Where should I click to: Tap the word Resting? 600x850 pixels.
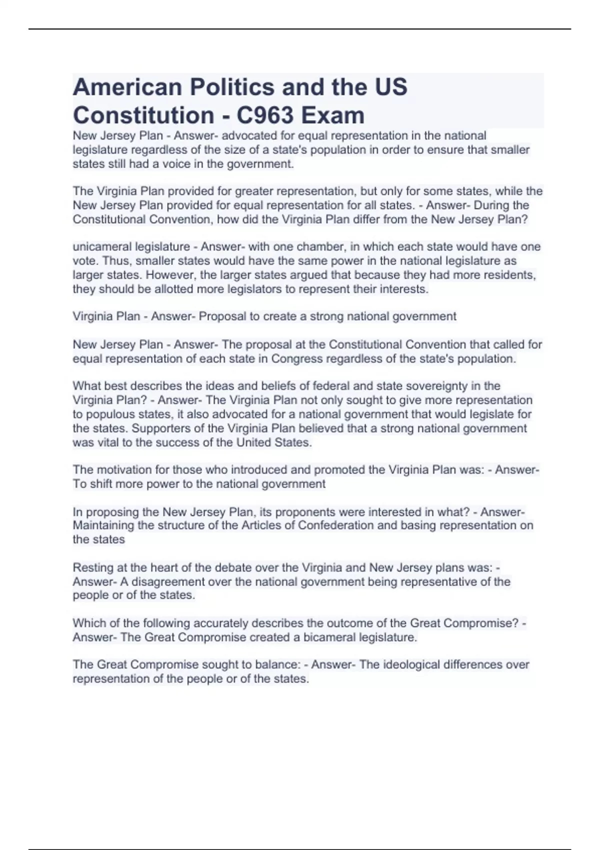(x=92, y=567)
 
